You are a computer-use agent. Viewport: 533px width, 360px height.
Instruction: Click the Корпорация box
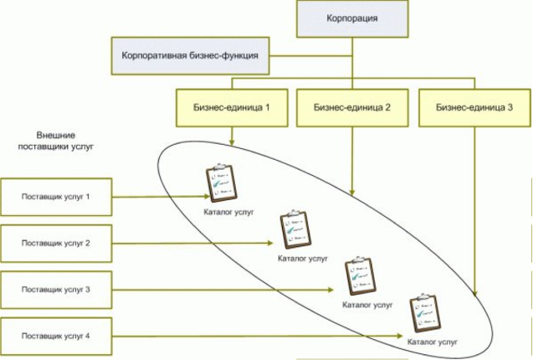coord(352,18)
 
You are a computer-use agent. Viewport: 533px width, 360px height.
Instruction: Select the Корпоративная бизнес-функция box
coord(191,56)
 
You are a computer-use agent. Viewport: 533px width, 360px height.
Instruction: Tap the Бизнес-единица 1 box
coord(232,108)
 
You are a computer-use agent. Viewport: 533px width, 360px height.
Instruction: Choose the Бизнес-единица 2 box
coord(352,108)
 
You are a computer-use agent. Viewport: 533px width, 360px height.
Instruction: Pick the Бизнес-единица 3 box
coord(474,108)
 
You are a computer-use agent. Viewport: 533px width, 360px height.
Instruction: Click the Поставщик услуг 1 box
coord(56,197)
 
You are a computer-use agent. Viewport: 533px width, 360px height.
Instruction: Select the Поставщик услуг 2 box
coord(56,244)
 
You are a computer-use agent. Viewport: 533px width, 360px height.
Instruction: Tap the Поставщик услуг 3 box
coord(56,290)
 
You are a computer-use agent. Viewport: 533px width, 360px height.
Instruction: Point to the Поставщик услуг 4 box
coord(56,337)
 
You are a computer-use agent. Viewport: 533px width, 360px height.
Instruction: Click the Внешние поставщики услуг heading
coord(55,141)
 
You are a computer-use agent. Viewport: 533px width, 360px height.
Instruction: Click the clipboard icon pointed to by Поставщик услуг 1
coord(221,183)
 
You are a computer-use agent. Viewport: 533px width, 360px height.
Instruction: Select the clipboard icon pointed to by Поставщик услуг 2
coord(295,229)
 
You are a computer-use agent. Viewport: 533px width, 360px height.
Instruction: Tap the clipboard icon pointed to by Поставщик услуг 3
coord(361,276)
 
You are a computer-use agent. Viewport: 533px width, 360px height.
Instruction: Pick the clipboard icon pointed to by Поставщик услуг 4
coord(425,313)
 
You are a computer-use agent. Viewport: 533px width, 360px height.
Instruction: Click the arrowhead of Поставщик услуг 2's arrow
coord(270,243)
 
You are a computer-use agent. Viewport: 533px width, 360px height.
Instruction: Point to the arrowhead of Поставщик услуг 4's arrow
coord(400,337)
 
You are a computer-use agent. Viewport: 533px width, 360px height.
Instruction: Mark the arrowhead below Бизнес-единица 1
coord(232,142)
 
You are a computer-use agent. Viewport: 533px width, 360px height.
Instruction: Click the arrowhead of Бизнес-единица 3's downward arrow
coord(475,294)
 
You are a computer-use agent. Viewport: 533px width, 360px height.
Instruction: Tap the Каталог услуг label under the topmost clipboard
coord(228,213)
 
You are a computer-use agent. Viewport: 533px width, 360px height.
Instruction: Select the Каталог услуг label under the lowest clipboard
coord(433,342)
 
